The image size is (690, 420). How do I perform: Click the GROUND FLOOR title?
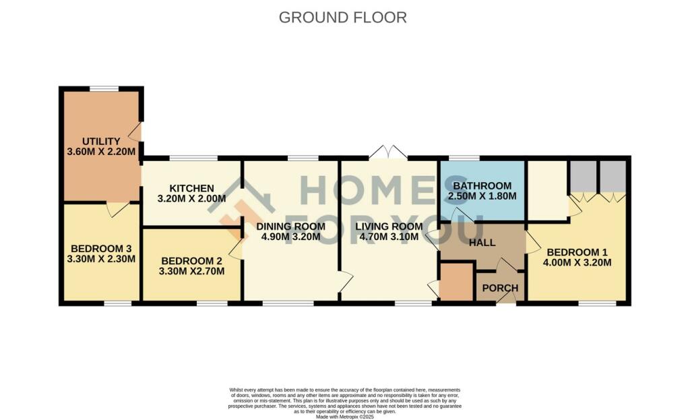click(342, 18)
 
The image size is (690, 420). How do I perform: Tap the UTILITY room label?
click(101, 141)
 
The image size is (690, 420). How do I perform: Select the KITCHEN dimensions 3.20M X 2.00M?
click(191, 199)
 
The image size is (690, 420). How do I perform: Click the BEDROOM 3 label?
click(102, 247)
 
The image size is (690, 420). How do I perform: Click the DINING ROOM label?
click(290, 226)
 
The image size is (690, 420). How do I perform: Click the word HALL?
click(482, 243)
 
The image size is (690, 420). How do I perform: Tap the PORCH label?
click(501, 288)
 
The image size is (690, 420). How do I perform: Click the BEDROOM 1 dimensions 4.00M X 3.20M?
click(578, 262)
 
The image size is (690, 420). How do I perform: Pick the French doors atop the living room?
click(388, 153)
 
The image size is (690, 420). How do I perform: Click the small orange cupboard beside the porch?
click(457, 282)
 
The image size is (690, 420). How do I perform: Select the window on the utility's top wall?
click(104, 88)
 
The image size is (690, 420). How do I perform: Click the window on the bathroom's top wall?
click(464, 158)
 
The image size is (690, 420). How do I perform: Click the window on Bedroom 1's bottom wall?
click(597, 303)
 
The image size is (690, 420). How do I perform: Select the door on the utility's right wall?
click(137, 131)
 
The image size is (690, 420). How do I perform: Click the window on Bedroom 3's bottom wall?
click(117, 303)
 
